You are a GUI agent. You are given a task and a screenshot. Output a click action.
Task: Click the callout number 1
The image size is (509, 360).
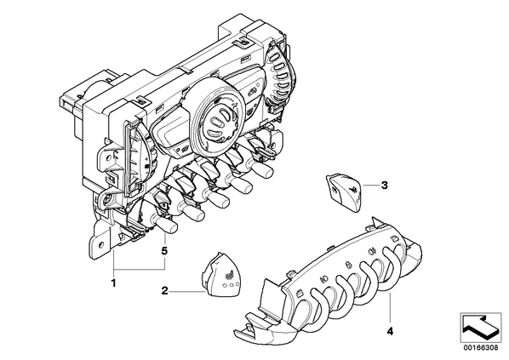pyautogui.click(x=113, y=283)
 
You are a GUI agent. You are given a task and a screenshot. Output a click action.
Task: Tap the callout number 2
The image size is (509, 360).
pyautogui.click(x=165, y=291)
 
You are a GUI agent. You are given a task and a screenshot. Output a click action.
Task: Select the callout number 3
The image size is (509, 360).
pyautogui.click(x=385, y=186)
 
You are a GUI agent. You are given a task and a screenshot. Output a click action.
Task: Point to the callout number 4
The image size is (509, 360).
pyautogui.click(x=390, y=331)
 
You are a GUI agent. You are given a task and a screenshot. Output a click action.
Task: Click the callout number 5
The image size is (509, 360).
pyautogui.click(x=164, y=250)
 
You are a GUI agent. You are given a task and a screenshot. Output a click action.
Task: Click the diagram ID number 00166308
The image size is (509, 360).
pyautogui.click(x=481, y=348)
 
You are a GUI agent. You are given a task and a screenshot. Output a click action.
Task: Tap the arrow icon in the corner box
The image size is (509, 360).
pyautogui.click(x=480, y=327)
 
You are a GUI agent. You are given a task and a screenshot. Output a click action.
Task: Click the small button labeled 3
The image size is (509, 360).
pyautogui.click(x=344, y=191)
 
